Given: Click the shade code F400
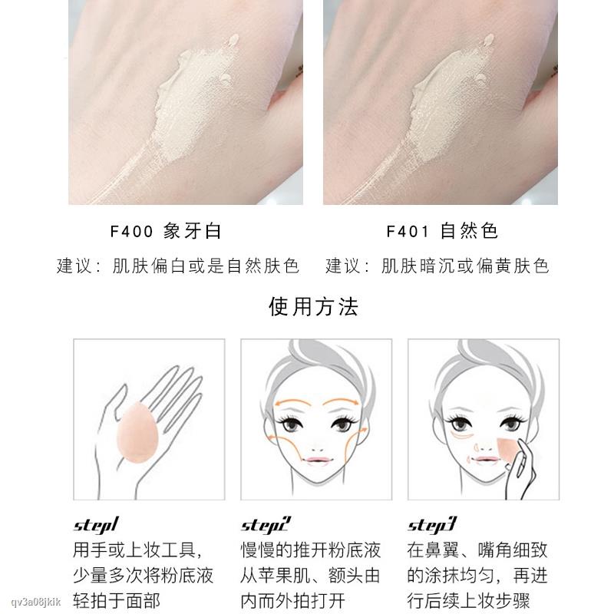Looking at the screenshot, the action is click(131, 231).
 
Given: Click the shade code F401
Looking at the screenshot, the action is click(408, 231).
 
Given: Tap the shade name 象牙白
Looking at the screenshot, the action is click(193, 231).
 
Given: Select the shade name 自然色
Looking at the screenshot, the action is click(469, 231).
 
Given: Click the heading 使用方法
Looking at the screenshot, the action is click(314, 306).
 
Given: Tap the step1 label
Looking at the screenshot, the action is click(96, 525).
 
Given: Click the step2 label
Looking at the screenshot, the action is click(266, 525).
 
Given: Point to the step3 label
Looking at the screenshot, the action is click(432, 525).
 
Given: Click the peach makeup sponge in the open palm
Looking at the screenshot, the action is click(137, 433).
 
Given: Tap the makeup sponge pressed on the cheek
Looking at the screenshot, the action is click(509, 454).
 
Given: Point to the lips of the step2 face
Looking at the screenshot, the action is click(318, 460).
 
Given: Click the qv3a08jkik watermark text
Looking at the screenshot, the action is click(36, 602).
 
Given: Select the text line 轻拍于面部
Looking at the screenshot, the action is click(117, 601).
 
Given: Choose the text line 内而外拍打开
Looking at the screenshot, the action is click(293, 601).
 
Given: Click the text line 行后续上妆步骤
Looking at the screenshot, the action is click(468, 601).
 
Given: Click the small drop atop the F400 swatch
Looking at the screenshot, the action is click(233, 39).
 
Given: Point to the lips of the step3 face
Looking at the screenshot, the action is click(485, 460).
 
